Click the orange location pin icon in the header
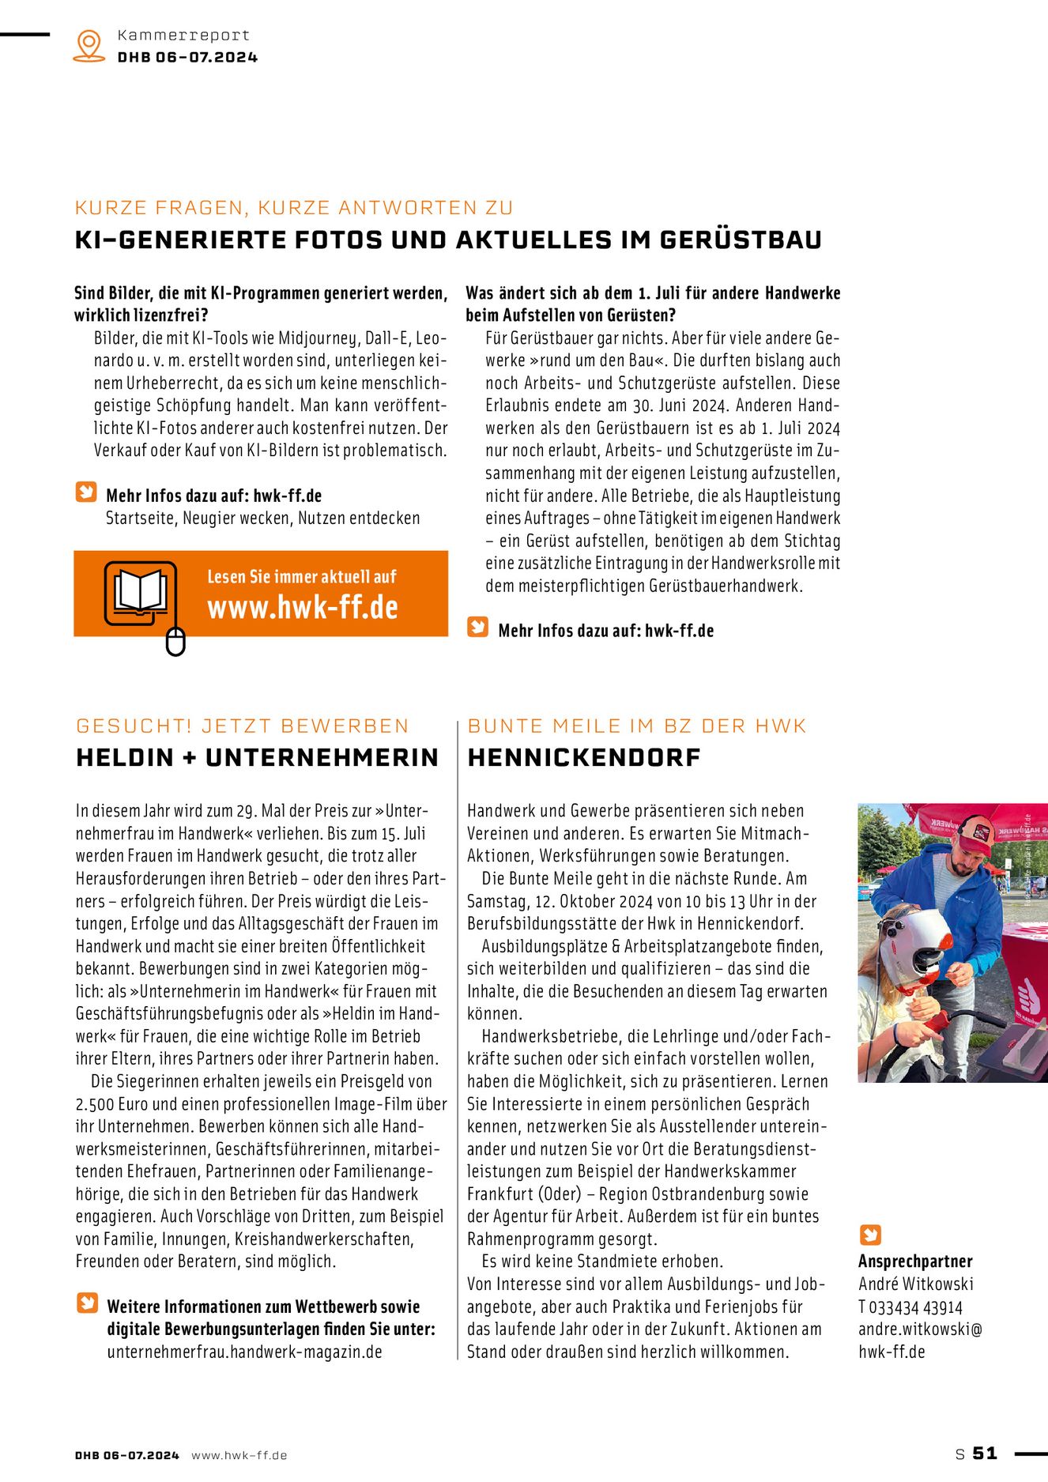[89, 44]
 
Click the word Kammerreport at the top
[183, 36]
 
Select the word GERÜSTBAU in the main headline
[741, 239]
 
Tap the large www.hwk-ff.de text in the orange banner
[303, 607]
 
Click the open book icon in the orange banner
[141, 591]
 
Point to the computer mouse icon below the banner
[175, 641]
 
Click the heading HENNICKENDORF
[584, 757]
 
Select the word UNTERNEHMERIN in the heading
[322, 757]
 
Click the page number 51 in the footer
[985, 1453]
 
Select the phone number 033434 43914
[916, 1307]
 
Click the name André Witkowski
[916, 1284]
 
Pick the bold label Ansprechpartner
[915, 1261]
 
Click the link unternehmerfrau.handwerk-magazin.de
[245, 1352]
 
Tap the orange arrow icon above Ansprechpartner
[870, 1235]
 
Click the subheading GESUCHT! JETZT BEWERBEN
[243, 726]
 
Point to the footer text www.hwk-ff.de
[239, 1455]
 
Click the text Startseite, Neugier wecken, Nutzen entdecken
[263, 519]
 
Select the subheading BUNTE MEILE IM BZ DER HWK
[637, 726]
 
